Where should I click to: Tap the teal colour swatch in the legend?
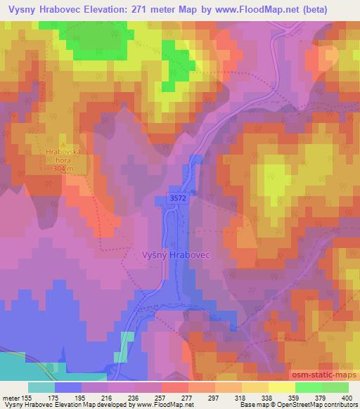(x=41, y=387)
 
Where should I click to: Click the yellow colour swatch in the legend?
(x=282, y=387)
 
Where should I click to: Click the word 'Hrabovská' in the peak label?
(x=60, y=152)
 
